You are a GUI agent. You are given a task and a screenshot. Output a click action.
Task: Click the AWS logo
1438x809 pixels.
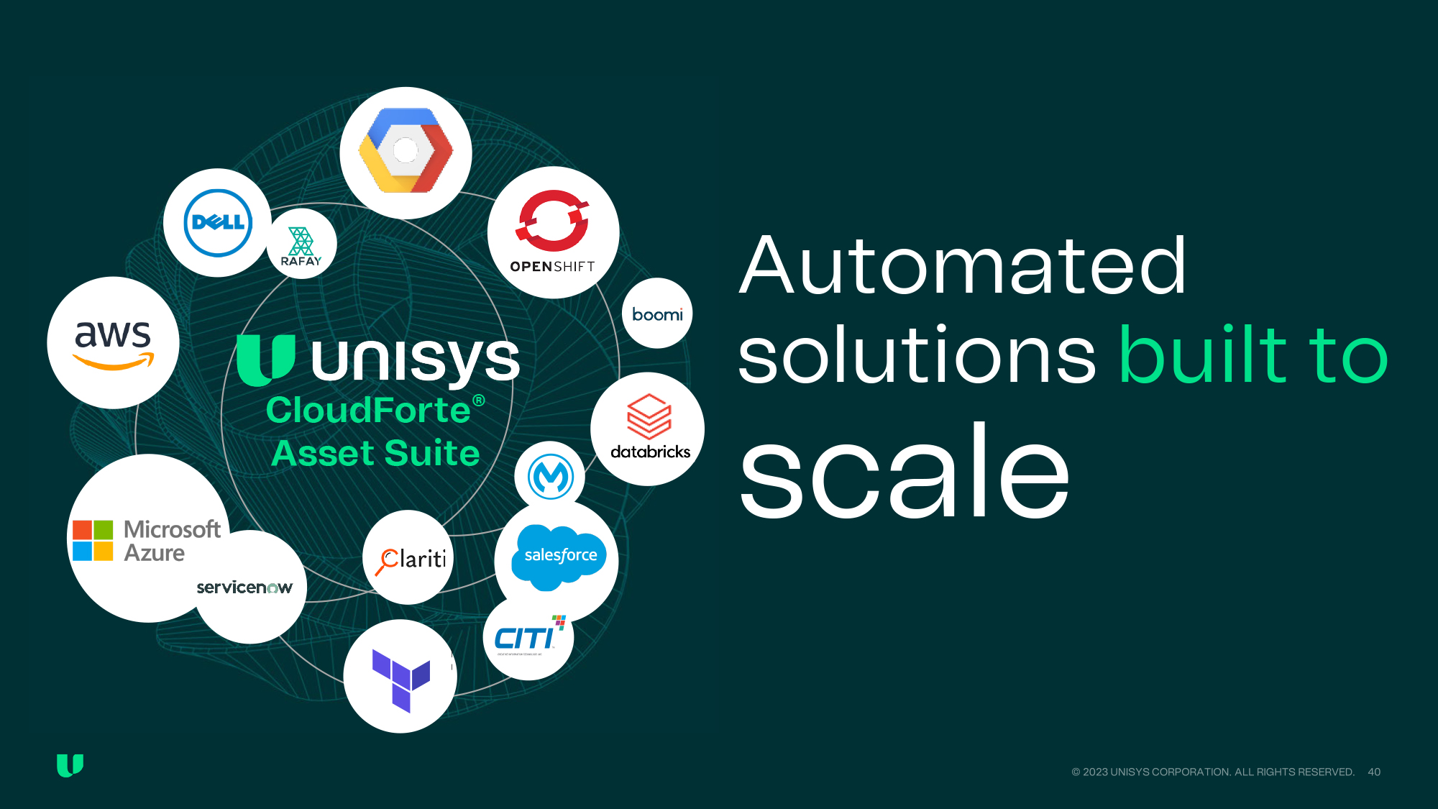coord(114,343)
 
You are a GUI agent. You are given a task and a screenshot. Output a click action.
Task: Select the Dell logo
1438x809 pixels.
coord(218,223)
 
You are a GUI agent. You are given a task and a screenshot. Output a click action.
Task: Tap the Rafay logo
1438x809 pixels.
coord(301,245)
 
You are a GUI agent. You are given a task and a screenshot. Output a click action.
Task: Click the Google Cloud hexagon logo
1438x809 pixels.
coord(406,151)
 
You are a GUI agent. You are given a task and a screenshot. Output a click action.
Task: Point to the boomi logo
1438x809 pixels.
coord(657,314)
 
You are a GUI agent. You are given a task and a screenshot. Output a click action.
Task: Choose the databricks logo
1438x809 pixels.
coord(649,427)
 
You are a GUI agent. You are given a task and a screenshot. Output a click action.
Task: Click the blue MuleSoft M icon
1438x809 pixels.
coord(551,476)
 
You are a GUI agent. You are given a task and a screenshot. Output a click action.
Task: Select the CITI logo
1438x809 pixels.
coord(528,636)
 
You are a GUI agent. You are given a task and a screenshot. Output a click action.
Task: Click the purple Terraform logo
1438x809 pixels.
coord(400,679)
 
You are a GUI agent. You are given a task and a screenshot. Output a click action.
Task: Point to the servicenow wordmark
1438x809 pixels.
coord(244,588)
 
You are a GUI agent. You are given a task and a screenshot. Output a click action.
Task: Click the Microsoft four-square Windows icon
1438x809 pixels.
coord(93,541)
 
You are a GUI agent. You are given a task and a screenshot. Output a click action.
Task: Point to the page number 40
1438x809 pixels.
coord(1374,772)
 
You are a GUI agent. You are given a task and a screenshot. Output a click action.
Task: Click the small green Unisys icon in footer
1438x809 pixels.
coord(70,765)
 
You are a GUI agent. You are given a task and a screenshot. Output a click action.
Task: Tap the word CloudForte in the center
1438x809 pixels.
coord(368,410)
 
